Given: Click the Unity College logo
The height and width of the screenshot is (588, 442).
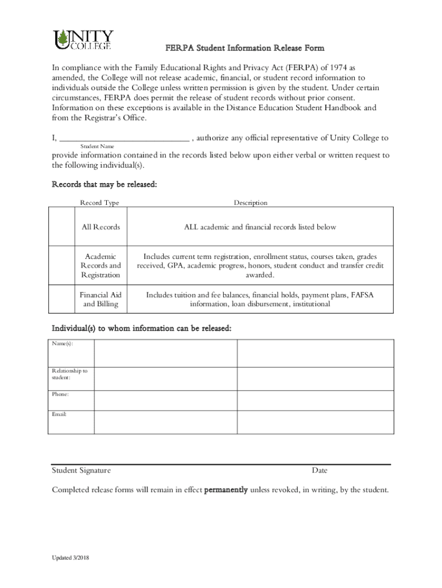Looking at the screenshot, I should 83,40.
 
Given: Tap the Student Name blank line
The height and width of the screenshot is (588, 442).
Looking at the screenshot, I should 124,138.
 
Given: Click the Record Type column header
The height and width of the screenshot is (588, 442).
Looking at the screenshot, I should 99,203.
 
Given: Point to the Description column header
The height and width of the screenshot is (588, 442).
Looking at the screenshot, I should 250,203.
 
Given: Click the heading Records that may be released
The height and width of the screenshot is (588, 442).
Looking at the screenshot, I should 104,185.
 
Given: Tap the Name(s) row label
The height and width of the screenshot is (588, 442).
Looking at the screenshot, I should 62,343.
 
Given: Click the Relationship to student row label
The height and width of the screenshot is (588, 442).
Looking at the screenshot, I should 69,374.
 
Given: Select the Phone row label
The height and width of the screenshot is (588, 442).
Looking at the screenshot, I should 60,394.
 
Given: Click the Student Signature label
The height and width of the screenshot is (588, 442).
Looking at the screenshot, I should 82,471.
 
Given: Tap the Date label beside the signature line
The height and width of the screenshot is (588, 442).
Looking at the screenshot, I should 320,471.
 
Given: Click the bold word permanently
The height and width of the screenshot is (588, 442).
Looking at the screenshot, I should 226,490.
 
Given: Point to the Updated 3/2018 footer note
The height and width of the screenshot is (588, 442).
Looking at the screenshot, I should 70,558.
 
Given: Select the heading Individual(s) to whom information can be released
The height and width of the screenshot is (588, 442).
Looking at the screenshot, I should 142,328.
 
